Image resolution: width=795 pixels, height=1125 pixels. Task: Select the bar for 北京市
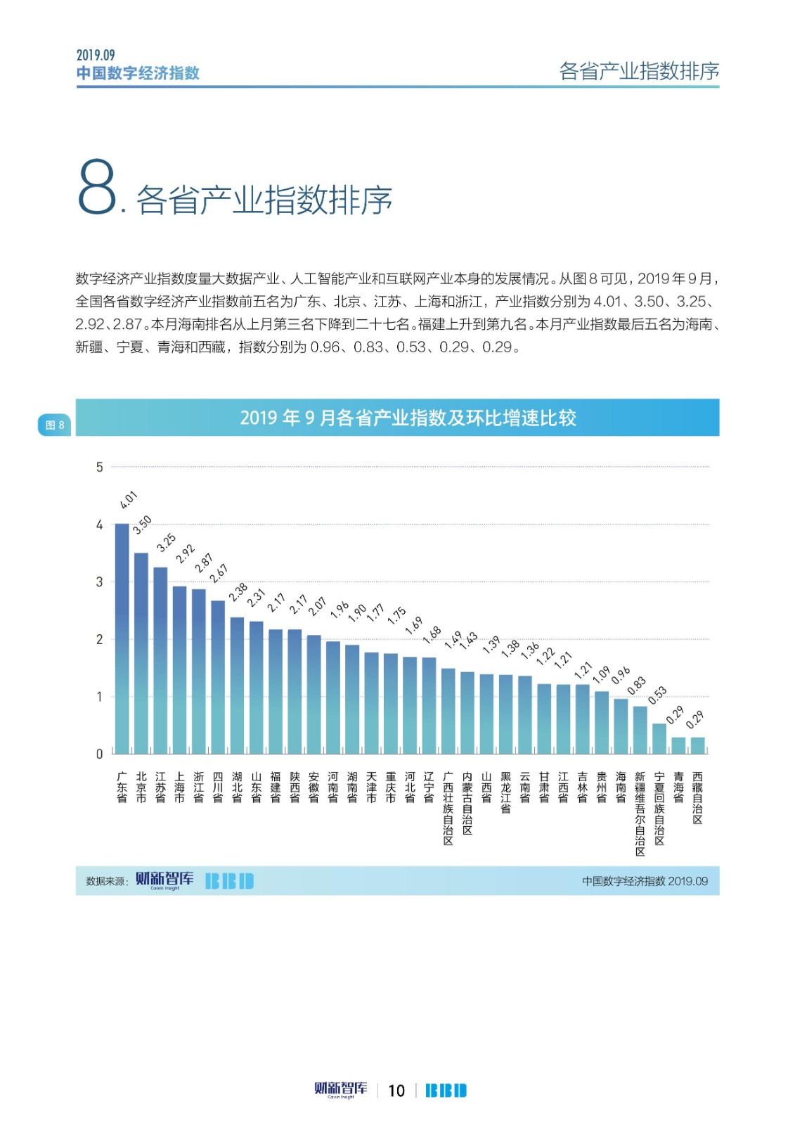141,653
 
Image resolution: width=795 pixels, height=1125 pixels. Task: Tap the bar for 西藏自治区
697,745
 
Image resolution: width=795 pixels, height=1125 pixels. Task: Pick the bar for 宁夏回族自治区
659,738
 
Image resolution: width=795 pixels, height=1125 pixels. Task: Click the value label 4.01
129,500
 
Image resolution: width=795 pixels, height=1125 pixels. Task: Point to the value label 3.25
167,543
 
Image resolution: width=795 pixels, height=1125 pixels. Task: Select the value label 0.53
657,695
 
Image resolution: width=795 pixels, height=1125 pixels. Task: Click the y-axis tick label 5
100,467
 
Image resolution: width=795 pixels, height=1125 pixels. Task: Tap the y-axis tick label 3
100,582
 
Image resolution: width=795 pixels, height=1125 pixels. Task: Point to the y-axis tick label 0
100,754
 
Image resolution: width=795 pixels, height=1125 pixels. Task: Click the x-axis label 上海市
180,787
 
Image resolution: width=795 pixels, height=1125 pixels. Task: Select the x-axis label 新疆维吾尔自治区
640,814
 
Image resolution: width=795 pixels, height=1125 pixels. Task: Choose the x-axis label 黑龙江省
505,792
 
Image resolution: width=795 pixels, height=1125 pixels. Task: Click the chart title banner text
408,418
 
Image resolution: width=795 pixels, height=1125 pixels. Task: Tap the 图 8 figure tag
55,425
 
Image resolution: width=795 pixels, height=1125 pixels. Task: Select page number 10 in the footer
396,1091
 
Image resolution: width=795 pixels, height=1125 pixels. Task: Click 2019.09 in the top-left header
96,55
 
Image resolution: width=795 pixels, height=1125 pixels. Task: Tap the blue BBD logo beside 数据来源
229,881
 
